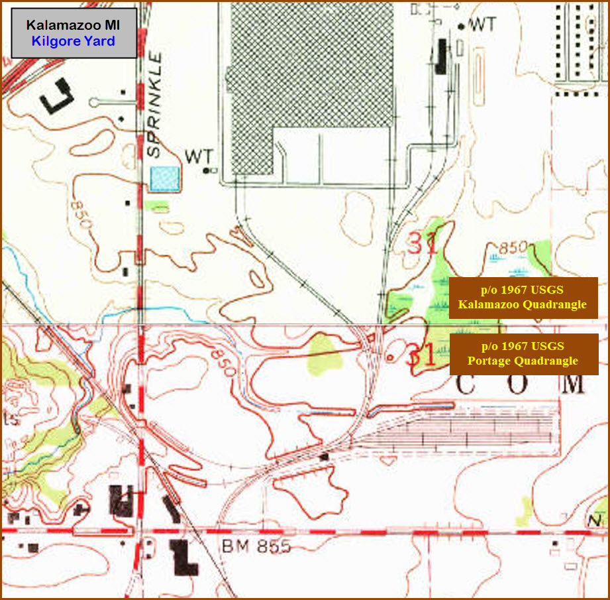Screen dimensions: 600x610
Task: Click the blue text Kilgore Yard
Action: (x=73, y=41)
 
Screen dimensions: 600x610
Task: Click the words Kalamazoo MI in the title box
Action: (x=73, y=25)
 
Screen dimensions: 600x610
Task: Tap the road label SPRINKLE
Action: (x=154, y=113)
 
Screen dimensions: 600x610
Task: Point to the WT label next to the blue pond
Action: (x=199, y=156)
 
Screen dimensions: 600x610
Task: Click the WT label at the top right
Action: (x=482, y=25)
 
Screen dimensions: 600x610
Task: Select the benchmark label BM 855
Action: (x=256, y=548)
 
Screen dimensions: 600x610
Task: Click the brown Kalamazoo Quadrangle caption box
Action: (x=523, y=298)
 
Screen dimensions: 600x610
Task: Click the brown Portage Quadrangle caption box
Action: (x=523, y=353)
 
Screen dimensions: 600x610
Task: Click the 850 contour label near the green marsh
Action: (x=513, y=248)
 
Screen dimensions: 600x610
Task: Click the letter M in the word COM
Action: (x=573, y=383)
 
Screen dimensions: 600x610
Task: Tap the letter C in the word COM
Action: (x=468, y=383)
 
